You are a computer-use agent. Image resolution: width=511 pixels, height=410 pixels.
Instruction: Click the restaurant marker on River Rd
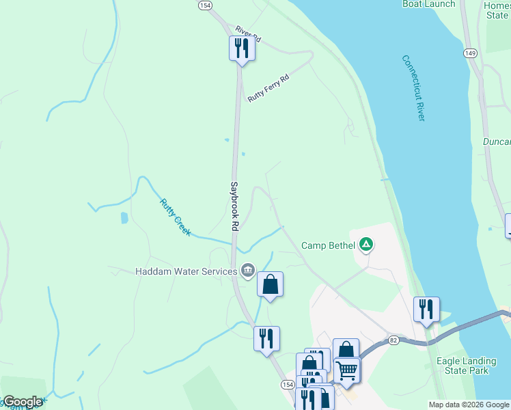click(x=241, y=49)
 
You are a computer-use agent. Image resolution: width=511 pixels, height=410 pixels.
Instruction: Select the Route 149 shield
click(x=469, y=53)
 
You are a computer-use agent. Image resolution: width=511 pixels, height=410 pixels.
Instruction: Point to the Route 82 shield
click(x=393, y=339)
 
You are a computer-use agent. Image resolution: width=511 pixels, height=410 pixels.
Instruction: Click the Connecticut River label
click(x=413, y=88)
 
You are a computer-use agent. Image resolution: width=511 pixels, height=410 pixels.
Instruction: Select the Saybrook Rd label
click(x=234, y=205)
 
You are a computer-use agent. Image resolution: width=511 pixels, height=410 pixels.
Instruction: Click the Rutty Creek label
click(x=176, y=217)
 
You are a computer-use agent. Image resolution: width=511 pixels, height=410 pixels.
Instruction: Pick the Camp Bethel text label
click(x=329, y=245)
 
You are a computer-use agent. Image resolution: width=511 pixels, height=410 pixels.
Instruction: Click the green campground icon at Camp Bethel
click(x=367, y=244)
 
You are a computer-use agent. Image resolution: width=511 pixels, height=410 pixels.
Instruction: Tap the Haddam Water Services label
click(x=186, y=271)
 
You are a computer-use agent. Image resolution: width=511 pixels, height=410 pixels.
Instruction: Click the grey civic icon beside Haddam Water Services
click(x=247, y=271)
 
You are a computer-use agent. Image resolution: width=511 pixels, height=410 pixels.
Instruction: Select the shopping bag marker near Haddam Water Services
click(x=270, y=284)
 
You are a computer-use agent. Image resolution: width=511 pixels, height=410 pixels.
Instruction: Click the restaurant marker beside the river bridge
click(x=426, y=310)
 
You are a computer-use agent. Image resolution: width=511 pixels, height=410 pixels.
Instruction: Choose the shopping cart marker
click(x=347, y=370)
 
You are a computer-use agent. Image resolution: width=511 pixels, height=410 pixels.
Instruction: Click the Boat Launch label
click(x=428, y=4)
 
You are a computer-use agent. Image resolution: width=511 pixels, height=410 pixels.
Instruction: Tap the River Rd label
click(x=248, y=32)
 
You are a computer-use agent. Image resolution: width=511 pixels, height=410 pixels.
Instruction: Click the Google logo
click(x=23, y=401)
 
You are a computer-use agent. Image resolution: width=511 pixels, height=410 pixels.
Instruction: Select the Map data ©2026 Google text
click(x=469, y=405)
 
